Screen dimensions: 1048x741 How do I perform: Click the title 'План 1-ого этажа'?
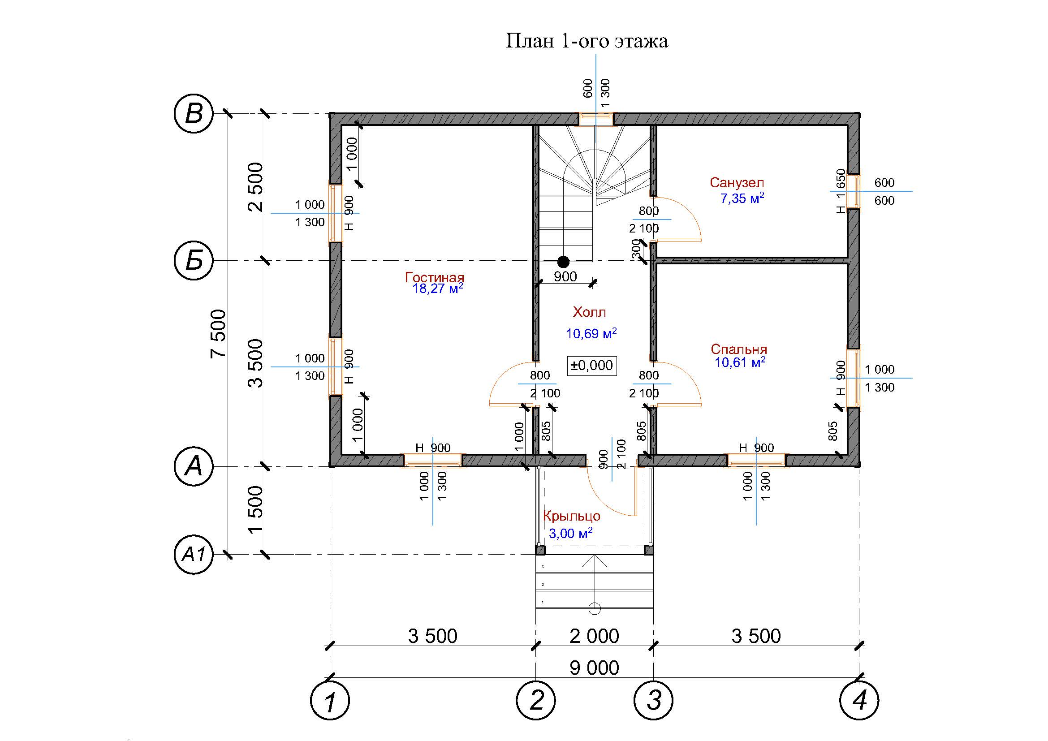click(x=587, y=41)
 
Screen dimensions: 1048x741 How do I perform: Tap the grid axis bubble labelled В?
click(x=194, y=114)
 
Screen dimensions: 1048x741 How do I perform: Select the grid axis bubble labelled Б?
click(x=194, y=261)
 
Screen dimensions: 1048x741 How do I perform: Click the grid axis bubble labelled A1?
click(x=194, y=555)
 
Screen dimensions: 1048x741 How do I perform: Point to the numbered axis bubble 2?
click(x=536, y=700)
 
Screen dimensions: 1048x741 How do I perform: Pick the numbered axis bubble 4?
click(x=859, y=700)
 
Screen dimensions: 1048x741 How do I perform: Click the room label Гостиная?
click(x=435, y=277)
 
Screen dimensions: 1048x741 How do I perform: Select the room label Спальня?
click(x=739, y=349)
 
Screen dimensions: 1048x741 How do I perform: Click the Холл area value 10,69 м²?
click(x=591, y=333)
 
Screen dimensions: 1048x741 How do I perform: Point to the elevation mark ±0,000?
click(x=592, y=366)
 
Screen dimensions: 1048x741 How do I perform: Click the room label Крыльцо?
click(x=571, y=516)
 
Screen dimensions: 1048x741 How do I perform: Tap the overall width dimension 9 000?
click(x=594, y=668)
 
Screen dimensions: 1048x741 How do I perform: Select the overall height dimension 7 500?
click(x=219, y=334)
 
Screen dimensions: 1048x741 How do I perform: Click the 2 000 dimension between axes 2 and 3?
click(x=594, y=636)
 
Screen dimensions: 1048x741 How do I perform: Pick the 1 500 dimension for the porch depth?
click(x=257, y=510)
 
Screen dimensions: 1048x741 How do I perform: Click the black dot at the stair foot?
click(x=564, y=262)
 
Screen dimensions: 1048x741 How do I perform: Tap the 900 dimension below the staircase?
click(x=565, y=276)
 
